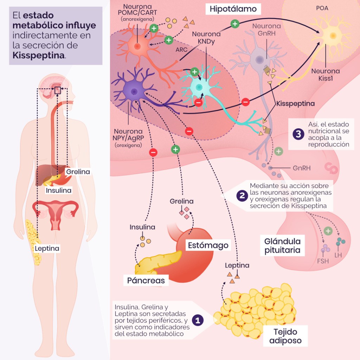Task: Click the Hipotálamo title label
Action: pyautogui.click(x=233, y=9)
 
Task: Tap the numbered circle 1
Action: pyautogui.click(x=198, y=320)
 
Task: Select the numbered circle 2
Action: pyautogui.click(x=242, y=196)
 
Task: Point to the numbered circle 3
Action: pyautogui.click(x=298, y=134)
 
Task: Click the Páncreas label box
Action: pyautogui.click(x=146, y=281)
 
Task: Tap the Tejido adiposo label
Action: pyautogui.click(x=285, y=336)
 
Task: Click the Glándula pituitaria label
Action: pyautogui.click(x=282, y=246)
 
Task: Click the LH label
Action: pyautogui.click(x=338, y=255)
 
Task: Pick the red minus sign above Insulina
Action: pyautogui.click(x=153, y=153)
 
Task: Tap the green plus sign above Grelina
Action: pyautogui.click(x=175, y=149)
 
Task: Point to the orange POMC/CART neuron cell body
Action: pyautogui.click(x=136, y=46)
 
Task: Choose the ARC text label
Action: pyautogui.click(x=181, y=50)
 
